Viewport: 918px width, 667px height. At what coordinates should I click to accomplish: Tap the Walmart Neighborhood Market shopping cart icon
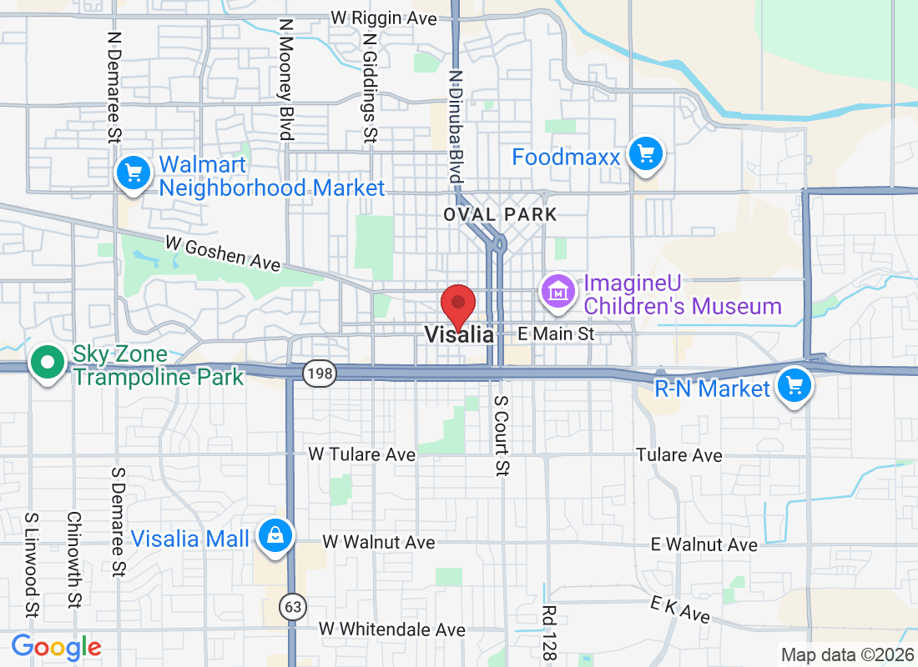pyautogui.click(x=134, y=174)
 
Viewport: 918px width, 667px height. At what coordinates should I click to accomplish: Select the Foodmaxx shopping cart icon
pyautogui.click(x=645, y=154)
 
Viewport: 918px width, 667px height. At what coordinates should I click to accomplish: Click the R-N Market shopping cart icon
pyautogui.click(x=794, y=386)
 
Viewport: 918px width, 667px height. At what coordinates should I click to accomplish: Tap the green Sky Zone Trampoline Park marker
pyautogui.click(x=48, y=364)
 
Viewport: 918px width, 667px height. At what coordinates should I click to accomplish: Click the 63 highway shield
pyautogui.click(x=292, y=606)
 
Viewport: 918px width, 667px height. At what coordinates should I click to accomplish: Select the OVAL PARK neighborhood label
pyautogui.click(x=500, y=214)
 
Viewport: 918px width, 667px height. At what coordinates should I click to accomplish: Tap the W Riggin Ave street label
pyautogui.click(x=384, y=18)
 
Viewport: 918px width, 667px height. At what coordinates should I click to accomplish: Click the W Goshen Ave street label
pyautogui.click(x=222, y=253)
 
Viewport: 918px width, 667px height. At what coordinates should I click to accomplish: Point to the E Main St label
pyautogui.click(x=556, y=333)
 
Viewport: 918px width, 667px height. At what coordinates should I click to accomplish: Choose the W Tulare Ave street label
pyautogui.click(x=361, y=454)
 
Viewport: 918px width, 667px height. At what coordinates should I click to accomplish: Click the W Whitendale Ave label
pyautogui.click(x=391, y=629)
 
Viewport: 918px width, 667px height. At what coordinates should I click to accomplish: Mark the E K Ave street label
pyautogui.click(x=682, y=610)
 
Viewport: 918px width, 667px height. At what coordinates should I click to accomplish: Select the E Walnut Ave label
pyautogui.click(x=704, y=544)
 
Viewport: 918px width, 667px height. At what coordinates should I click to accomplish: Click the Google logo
pyautogui.click(x=57, y=647)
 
